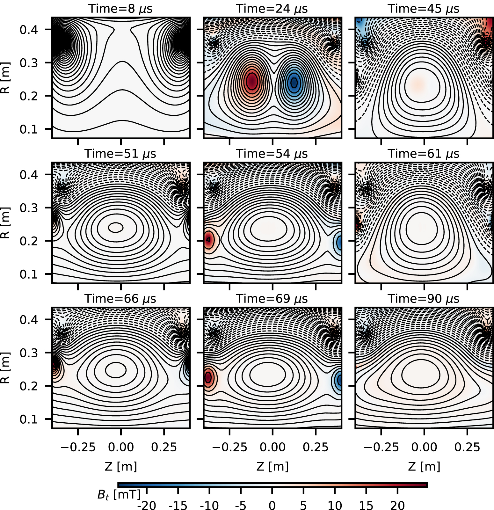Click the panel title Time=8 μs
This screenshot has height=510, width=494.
coord(120,9)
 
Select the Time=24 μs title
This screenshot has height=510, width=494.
coord(272,9)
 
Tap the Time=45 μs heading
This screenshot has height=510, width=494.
coord(424,9)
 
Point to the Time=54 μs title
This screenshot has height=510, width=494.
coord(272,154)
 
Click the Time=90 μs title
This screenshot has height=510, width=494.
coord(424,299)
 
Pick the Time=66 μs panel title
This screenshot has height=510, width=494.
coord(120,299)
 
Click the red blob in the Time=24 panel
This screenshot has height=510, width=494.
coord(252,81)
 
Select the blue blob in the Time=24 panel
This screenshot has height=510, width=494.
coord(294,82)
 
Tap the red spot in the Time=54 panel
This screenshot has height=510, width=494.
coord(208,239)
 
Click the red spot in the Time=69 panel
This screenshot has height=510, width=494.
coord(208,378)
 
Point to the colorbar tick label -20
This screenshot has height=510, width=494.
coord(146,505)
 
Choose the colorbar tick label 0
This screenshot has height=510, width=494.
coord(272,505)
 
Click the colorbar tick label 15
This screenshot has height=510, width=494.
coord(366,505)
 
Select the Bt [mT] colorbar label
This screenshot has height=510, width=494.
coord(119,495)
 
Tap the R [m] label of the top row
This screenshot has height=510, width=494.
coord(6,78)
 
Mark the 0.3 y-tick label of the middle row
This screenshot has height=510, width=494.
coord(29,208)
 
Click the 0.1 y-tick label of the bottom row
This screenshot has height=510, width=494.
coord(29,419)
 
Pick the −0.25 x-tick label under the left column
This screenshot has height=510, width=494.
coord(78,447)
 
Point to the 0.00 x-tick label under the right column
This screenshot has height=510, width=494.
coord(424,447)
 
